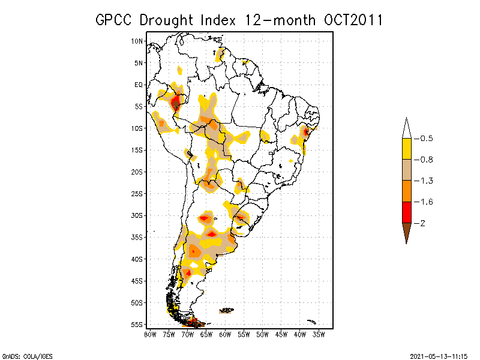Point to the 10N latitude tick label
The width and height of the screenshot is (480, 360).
click(137, 41)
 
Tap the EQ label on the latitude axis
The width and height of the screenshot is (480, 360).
click(139, 85)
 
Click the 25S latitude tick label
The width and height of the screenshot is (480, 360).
click(137, 193)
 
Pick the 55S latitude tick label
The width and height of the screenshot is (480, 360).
click(137, 325)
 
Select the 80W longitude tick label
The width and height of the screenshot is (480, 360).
click(150, 334)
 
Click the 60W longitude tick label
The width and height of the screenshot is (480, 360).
click(225, 334)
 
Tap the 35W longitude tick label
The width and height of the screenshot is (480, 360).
click(319, 334)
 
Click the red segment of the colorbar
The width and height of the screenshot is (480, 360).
click(406, 212)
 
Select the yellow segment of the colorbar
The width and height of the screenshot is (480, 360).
click(406, 149)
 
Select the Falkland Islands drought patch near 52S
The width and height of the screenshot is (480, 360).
click(226, 310)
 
